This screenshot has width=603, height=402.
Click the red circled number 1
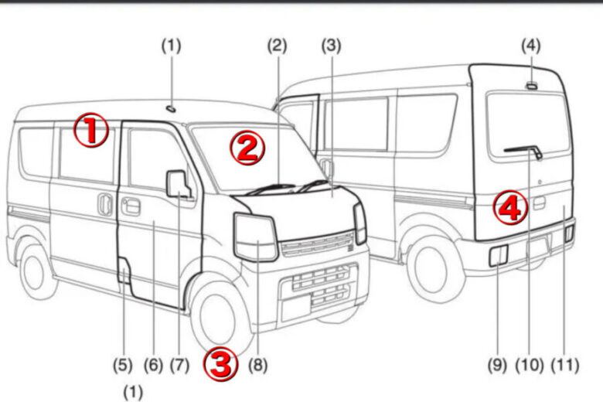coord(91,130)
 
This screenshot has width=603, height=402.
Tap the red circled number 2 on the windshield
coord(247,148)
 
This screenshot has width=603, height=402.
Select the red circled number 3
coord(220,363)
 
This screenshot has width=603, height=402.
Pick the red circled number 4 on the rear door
coord(511,208)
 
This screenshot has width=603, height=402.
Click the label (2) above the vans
coord(278,46)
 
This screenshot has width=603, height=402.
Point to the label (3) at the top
coord(331,46)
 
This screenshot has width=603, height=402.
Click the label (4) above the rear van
coord(530,46)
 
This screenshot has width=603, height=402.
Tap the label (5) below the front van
coord(123,365)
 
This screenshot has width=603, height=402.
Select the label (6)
coord(153,365)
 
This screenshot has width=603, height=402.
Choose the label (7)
coord(179,365)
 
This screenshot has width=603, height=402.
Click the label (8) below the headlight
coord(257,365)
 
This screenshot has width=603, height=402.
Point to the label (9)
coord(497,365)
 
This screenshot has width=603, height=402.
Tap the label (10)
coord(529,365)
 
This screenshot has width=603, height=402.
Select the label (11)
coord(565,365)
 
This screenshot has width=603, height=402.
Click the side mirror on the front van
coord(178,184)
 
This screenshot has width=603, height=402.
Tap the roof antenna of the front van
coord(171,109)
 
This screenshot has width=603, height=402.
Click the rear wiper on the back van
coord(524,151)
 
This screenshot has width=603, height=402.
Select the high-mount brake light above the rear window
coord(532,86)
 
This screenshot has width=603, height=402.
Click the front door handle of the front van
coord(131,206)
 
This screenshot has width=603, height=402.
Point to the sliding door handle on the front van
coord(104,204)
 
